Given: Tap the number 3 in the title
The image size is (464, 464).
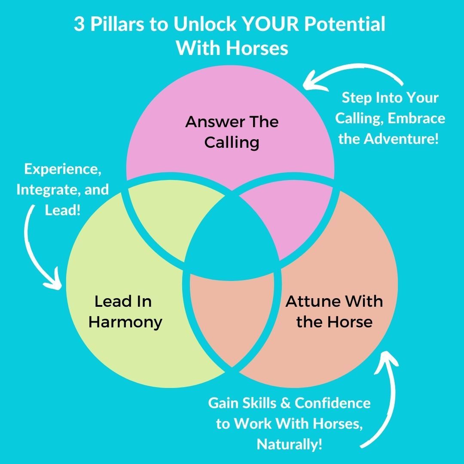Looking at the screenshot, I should click(79, 25).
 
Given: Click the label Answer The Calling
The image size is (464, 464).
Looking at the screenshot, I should click(232, 131).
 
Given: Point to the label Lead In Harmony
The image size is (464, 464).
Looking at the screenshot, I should click(125, 311).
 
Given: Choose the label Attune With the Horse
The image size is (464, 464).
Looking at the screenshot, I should click(334, 311).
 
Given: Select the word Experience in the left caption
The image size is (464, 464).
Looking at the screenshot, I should click(63, 169).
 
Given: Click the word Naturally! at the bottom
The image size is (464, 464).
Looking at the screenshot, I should click(289, 444).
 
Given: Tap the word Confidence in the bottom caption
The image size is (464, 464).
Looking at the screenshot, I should click(333, 403).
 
